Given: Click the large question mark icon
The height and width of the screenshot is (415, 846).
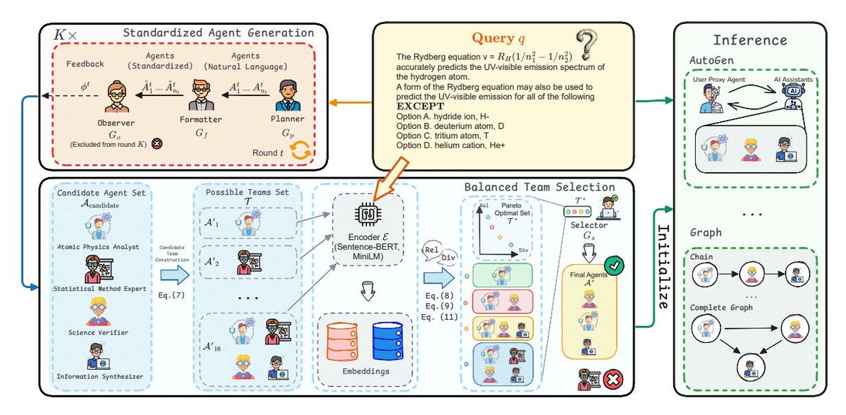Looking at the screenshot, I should (x=587, y=46).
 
